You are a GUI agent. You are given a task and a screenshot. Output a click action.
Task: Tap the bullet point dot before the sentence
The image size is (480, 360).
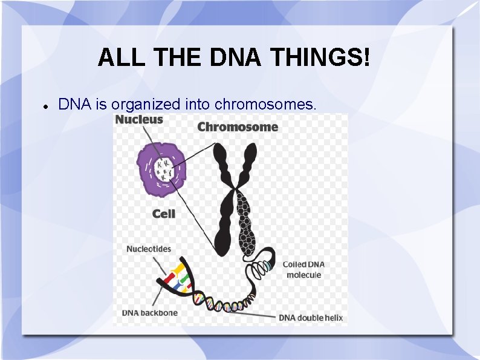45,105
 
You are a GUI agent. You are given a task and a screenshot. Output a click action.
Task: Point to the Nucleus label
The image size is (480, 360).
139,119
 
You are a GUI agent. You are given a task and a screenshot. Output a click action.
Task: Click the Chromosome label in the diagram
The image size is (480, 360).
238,127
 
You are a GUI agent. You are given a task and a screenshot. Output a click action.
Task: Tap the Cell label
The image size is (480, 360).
164,214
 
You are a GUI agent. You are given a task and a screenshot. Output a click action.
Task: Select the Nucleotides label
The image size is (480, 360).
149,249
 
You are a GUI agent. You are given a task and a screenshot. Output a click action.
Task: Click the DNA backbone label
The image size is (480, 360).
150,313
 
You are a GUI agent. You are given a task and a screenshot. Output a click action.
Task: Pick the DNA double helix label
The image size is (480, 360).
310,318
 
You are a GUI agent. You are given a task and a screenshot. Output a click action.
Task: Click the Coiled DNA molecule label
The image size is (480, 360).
305,270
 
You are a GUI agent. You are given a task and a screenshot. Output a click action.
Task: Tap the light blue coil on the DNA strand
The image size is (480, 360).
267,266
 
